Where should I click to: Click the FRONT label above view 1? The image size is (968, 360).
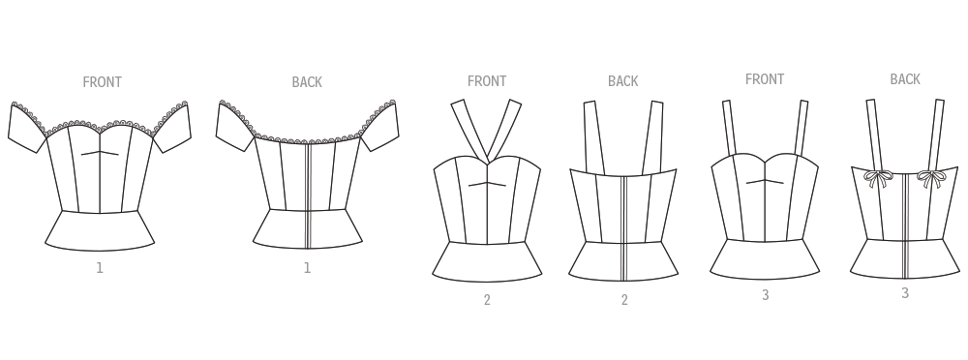pos(102,82)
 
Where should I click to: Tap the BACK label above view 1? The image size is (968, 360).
pos(307,82)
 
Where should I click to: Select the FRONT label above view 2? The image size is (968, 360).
pos(487,81)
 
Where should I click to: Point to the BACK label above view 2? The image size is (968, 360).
pos(622,81)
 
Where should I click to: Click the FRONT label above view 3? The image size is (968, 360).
pos(765,79)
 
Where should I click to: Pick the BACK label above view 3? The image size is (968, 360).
pos(905,79)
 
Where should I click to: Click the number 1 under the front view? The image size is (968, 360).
pos(100,268)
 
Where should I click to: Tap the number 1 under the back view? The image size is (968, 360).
pos(307,268)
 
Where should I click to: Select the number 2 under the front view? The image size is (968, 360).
pos(487,300)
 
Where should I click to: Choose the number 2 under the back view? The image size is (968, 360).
pos(624,300)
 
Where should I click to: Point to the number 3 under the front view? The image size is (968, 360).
pos(766,295)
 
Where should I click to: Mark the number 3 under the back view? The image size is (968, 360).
pos(905,293)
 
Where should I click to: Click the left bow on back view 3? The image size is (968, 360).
pos(878,178)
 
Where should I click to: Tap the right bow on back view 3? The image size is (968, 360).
pos(931,179)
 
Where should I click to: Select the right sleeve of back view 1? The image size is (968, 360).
pos(379,126)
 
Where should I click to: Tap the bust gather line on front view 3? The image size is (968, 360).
pos(765,182)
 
